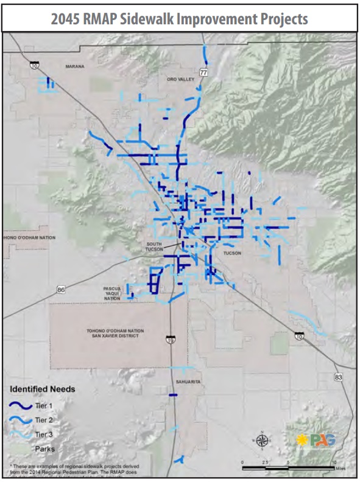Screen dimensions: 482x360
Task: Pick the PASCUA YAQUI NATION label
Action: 111,293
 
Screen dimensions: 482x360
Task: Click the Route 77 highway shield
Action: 203,72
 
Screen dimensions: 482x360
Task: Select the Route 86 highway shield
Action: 61,290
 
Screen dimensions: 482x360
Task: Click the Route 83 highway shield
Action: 339,377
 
